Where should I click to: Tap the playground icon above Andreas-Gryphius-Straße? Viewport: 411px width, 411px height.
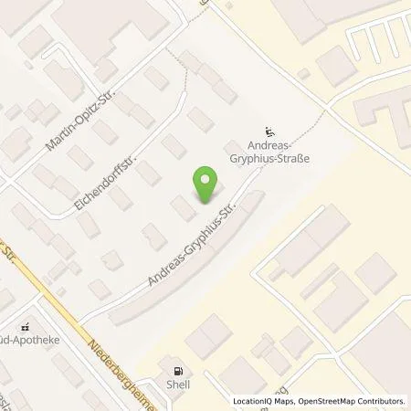269,130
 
